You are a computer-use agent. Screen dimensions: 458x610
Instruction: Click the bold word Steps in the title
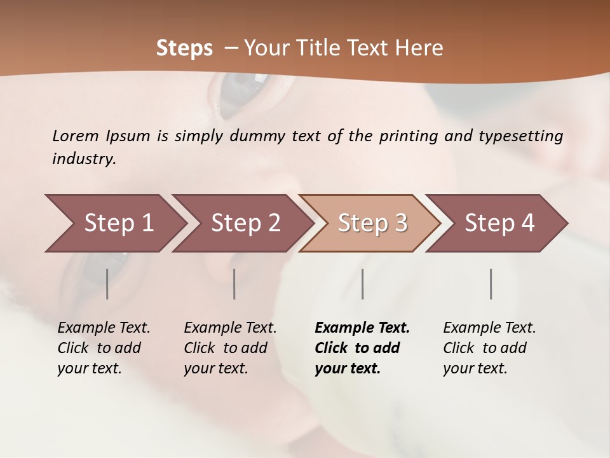(x=184, y=48)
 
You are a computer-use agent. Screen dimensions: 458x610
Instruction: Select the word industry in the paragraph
(x=83, y=159)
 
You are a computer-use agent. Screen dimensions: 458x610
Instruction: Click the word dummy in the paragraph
(x=257, y=136)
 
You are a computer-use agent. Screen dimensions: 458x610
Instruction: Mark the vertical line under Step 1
(x=107, y=284)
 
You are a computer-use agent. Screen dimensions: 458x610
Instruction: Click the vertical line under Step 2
(x=234, y=284)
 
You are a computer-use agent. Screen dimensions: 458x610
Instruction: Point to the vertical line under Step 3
(x=363, y=284)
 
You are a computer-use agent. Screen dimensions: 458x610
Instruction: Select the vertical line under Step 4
(x=491, y=284)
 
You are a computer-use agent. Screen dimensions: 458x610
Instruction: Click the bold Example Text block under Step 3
(x=362, y=348)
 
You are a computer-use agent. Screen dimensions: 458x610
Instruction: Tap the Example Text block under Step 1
(x=104, y=348)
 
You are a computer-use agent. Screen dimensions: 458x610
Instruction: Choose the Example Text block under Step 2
(x=230, y=348)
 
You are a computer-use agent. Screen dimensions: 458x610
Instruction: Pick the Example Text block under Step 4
(x=489, y=348)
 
